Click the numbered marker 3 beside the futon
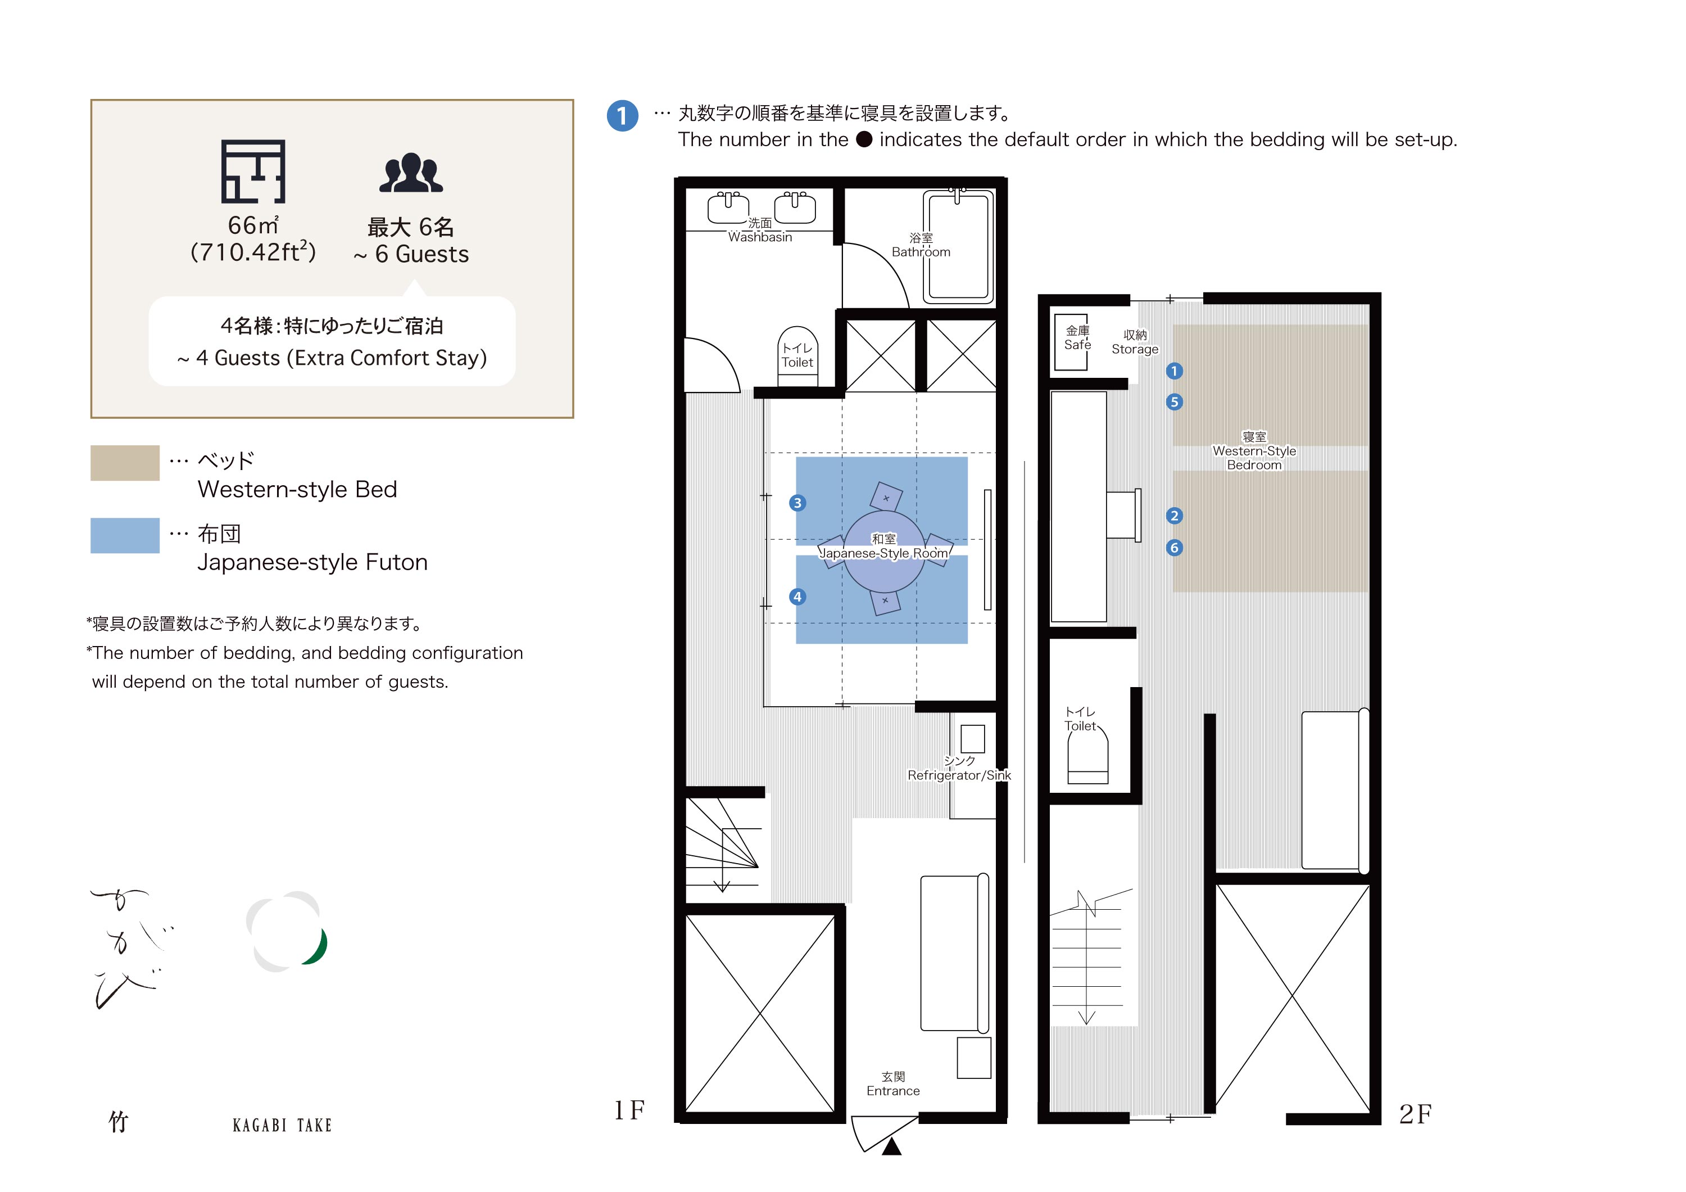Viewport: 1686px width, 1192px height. pos(797,503)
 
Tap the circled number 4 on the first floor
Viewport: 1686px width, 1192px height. pos(797,597)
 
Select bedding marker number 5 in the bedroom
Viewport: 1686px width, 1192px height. pos(1175,402)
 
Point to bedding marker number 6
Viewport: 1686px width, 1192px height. pos(1175,548)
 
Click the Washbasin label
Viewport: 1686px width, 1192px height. pos(760,237)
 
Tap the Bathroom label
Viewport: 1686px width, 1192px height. pos(921,252)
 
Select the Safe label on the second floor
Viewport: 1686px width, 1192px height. pos(1078,345)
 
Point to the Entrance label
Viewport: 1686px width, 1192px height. pos(893,1091)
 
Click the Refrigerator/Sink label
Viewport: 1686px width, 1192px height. pos(959,775)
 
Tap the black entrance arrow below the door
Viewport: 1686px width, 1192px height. pos(891,1146)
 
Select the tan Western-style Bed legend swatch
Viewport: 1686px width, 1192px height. pos(125,463)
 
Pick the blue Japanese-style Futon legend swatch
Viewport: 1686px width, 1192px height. pos(125,535)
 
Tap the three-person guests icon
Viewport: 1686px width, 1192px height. pos(411,173)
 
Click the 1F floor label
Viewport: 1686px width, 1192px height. pos(629,1110)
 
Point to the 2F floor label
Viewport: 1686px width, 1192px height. pos(1415,1114)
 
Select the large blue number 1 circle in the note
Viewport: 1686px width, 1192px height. pos(623,116)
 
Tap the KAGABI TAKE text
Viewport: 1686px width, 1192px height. pos(282,1125)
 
